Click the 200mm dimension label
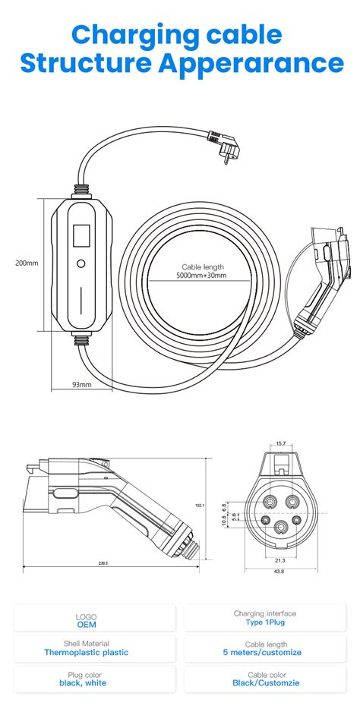pos(27,263)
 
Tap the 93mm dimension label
pos(81,385)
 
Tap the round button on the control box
pos(81,265)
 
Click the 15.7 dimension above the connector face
pos(280,443)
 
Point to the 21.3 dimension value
pos(280,561)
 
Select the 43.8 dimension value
pos(280,572)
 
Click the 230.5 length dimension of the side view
pos(102,563)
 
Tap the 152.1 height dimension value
pos(220,505)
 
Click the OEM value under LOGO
pos(87,625)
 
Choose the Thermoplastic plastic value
pos(87,652)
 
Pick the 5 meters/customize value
pos(265,652)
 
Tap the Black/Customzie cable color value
pos(265,682)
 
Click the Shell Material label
pos(87,643)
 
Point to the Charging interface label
pos(265,613)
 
